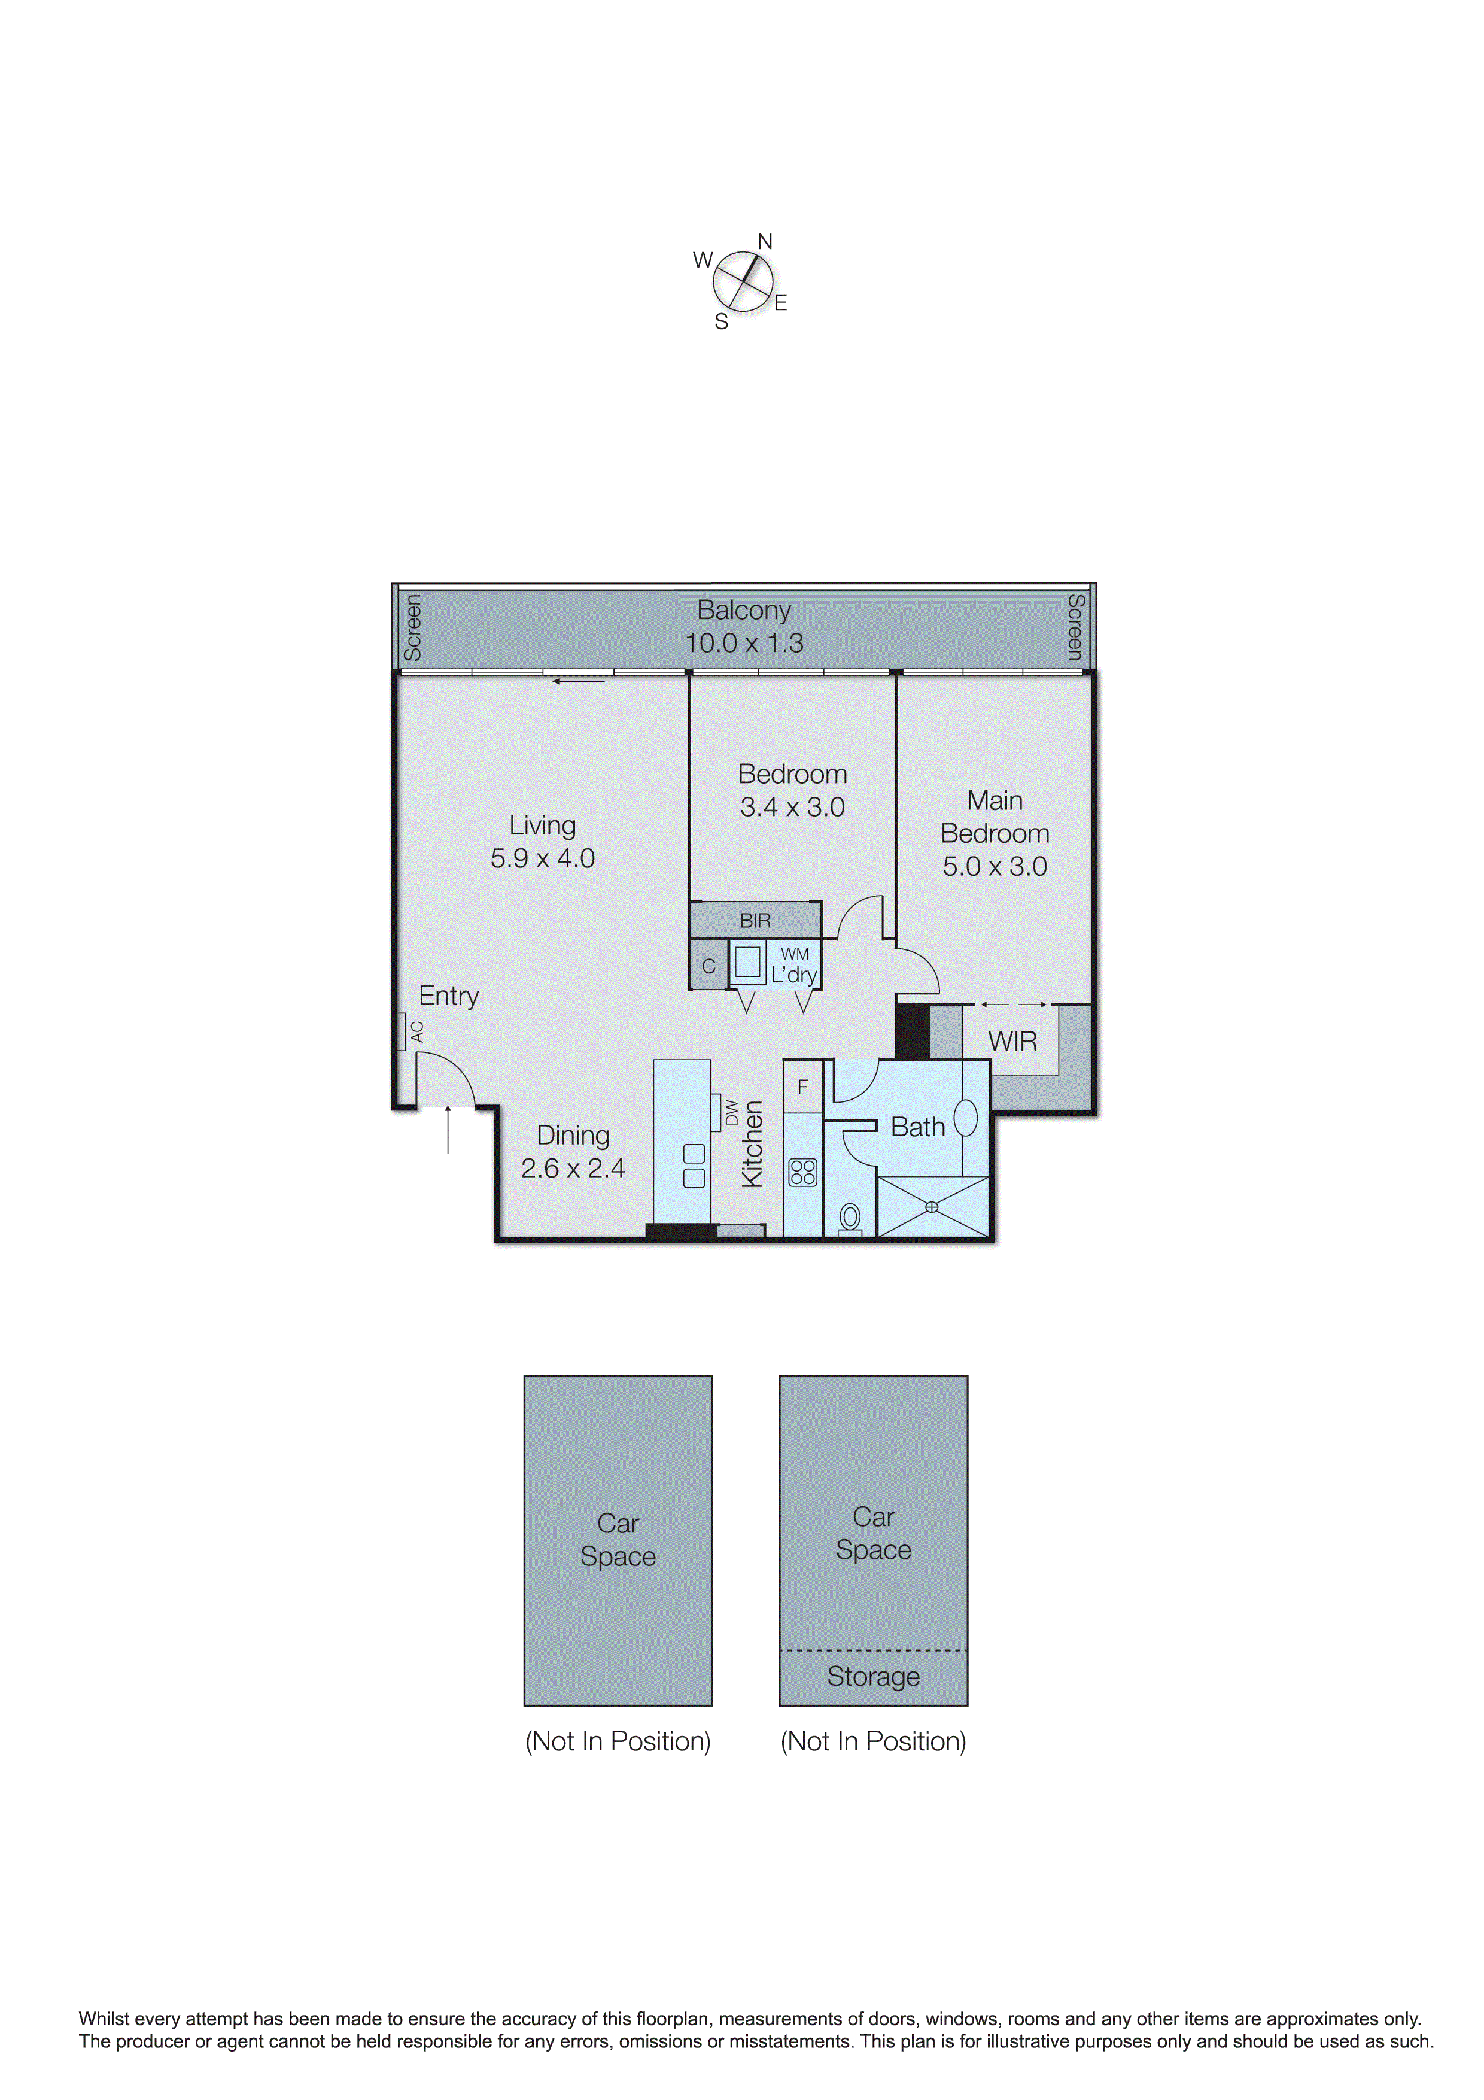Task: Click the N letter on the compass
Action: tap(765, 241)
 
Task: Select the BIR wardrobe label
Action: tap(755, 920)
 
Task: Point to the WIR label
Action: tap(1012, 1041)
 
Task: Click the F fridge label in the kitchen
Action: tap(803, 1087)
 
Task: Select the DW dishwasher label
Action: tap(731, 1112)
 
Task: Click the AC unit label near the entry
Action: tap(417, 1031)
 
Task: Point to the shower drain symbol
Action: tap(932, 1207)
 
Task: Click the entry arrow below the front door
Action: tap(448, 1130)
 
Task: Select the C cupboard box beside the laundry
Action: tap(708, 966)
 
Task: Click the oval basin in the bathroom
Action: tap(966, 1118)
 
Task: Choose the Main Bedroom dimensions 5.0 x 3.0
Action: tap(995, 866)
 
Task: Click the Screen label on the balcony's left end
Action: tap(412, 627)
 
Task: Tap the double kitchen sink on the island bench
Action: tap(694, 1166)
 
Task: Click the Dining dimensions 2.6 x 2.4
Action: tap(573, 1168)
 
